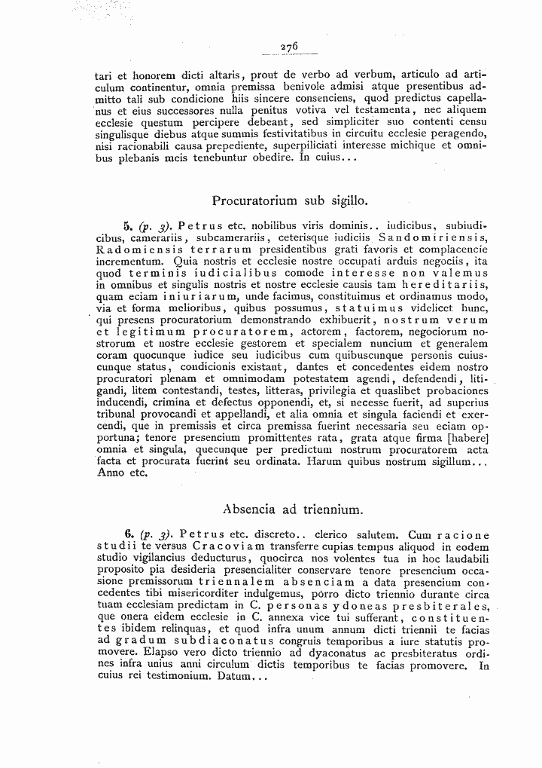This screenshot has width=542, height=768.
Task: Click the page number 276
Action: (290, 46)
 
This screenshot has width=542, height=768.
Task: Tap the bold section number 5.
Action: (127, 225)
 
